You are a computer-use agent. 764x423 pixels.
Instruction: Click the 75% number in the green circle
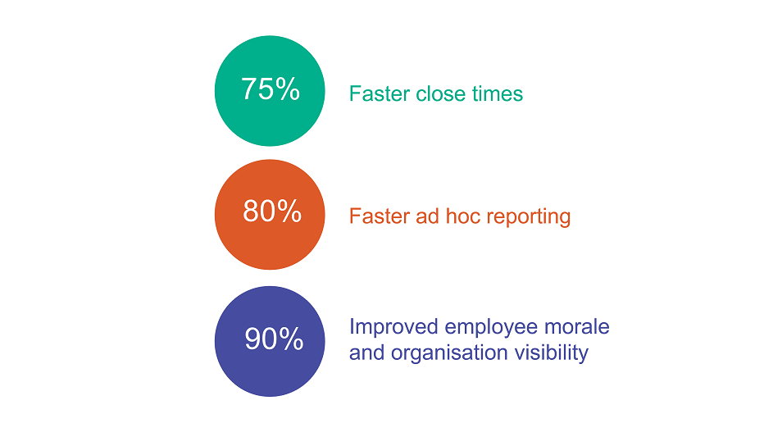coord(271,89)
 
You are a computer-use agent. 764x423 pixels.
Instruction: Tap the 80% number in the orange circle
coord(272,211)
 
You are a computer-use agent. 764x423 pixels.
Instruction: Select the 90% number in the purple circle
coord(274,339)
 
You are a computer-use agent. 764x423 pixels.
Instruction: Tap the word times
coord(498,93)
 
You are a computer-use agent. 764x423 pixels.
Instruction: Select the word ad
coord(427,216)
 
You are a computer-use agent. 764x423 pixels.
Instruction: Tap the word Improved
coord(393,327)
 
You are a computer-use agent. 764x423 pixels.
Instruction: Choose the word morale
coord(577,326)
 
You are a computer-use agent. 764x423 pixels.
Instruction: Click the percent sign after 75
coord(287,89)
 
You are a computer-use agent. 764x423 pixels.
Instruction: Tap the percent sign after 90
coord(291,339)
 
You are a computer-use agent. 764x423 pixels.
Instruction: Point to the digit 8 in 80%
coord(251,211)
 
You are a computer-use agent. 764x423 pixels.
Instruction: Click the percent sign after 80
coord(289,211)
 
